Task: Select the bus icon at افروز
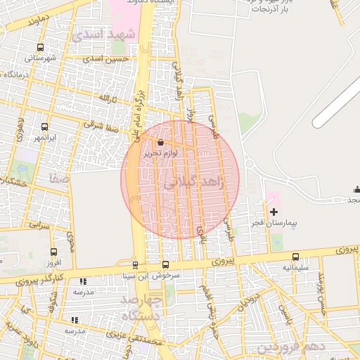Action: click(x=53, y=252)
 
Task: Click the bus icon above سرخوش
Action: click(x=165, y=265)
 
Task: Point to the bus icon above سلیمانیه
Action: click(x=295, y=257)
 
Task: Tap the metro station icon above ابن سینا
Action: click(x=135, y=265)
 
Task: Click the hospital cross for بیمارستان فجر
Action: click(x=274, y=212)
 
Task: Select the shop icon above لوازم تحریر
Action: click(x=161, y=143)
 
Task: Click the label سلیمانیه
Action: click(x=296, y=268)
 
